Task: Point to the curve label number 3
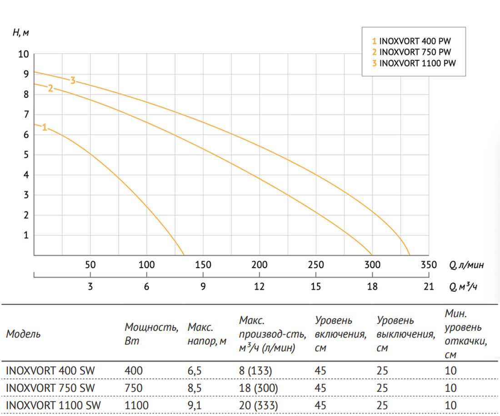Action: point(73,80)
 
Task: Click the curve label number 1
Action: point(45,127)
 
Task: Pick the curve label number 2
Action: point(50,88)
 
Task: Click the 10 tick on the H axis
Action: point(24,54)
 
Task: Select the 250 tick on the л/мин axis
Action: point(316,265)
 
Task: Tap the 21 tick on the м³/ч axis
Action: point(429,287)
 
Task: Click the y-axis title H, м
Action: point(21,33)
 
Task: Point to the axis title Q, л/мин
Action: point(466,265)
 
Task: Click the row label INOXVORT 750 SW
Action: point(50,388)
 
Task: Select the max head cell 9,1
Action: point(195,405)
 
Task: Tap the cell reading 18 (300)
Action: point(258,388)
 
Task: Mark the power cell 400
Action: point(133,371)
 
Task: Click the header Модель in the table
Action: point(23,334)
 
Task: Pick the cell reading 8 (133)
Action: point(255,371)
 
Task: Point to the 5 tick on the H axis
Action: point(26,155)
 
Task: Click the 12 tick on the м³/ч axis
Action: point(260,287)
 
